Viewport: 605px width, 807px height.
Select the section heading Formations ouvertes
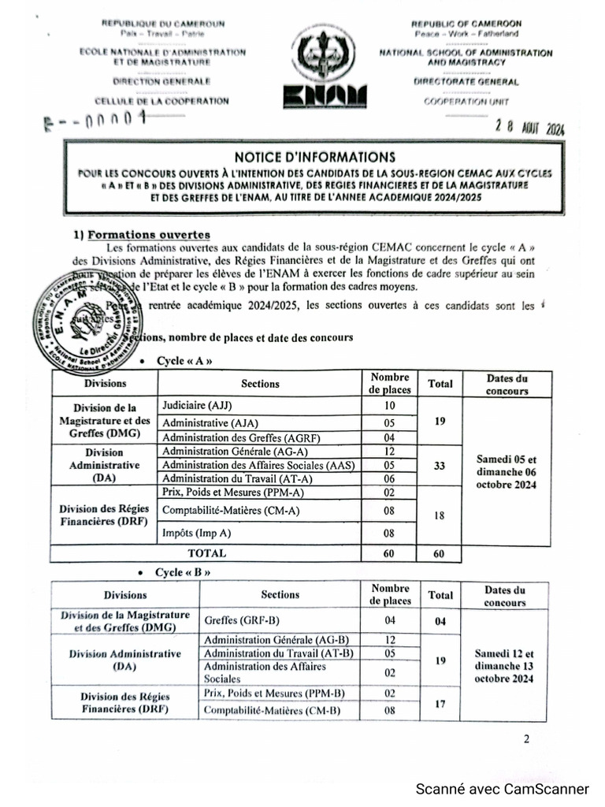(149, 234)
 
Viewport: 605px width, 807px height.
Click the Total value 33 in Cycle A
(440, 465)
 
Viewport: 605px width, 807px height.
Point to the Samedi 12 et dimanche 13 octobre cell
(504, 665)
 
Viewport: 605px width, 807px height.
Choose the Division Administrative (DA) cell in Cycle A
(104, 465)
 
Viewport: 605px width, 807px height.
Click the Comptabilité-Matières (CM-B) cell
(261, 711)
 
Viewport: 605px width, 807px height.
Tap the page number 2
(526, 738)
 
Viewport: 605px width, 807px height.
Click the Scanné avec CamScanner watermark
(502, 789)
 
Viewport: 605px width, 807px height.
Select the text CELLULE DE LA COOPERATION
(161, 101)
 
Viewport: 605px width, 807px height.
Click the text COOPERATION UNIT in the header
(466, 101)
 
